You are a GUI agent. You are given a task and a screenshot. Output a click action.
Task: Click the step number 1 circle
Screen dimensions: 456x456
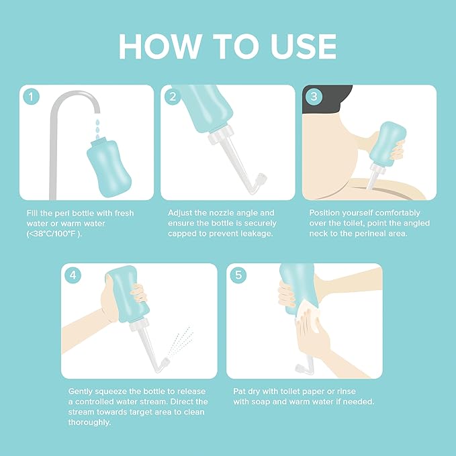pyautogui.click(x=31, y=97)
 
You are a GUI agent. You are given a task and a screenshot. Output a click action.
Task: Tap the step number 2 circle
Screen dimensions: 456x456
pyautogui.click(x=173, y=97)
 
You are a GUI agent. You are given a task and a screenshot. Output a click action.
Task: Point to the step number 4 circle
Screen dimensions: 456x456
pyautogui.click(x=73, y=275)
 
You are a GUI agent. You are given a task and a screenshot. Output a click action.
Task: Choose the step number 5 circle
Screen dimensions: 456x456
pyautogui.click(x=238, y=275)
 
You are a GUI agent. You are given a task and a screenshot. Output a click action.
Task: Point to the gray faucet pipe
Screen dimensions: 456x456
pyautogui.click(x=54, y=134)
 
